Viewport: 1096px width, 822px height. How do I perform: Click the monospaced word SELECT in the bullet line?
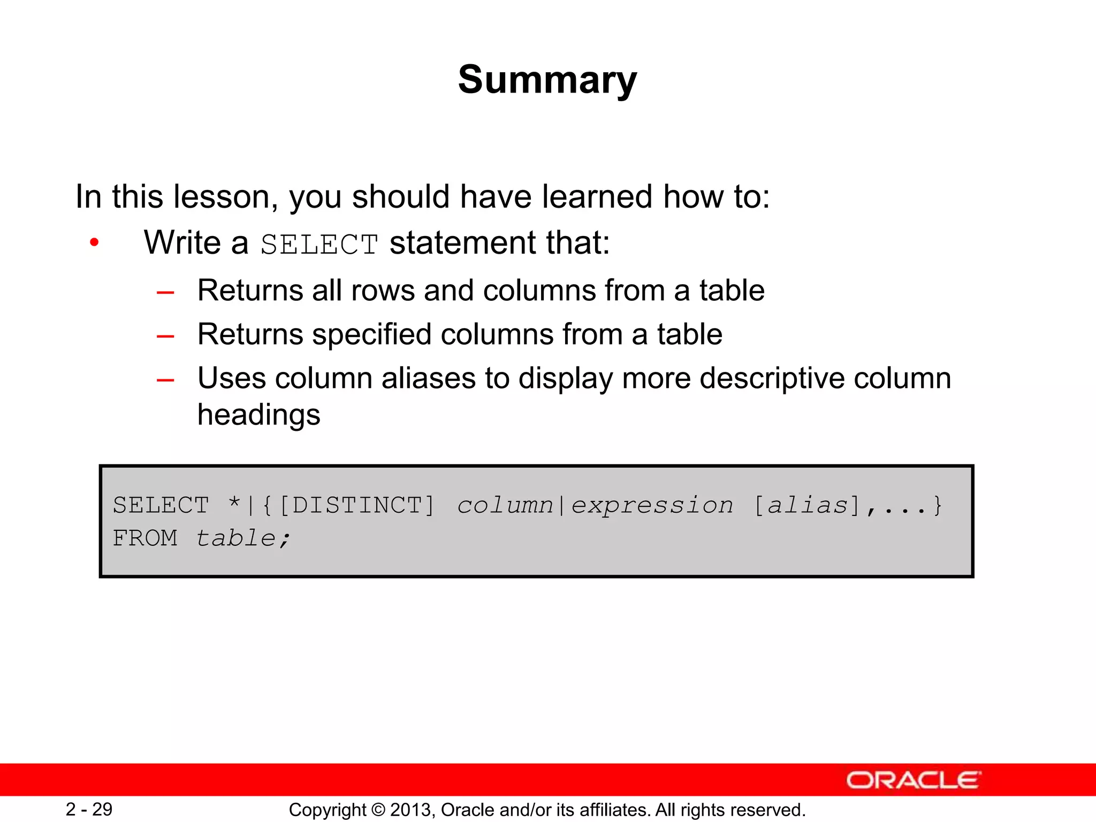(x=319, y=245)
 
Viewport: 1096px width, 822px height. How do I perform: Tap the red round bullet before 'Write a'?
(x=94, y=242)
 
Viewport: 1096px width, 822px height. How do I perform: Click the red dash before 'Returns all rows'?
(x=165, y=293)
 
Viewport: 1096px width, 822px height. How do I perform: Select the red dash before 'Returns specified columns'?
(x=165, y=337)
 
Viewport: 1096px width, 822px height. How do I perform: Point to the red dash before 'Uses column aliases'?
(x=165, y=380)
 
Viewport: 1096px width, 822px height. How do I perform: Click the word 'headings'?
(x=258, y=415)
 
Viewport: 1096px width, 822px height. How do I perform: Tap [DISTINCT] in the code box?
(x=357, y=505)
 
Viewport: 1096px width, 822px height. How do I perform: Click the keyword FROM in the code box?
(x=144, y=538)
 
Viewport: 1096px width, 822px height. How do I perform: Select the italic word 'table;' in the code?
(x=243, y=538)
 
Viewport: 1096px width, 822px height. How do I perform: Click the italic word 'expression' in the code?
(x=652, y=505)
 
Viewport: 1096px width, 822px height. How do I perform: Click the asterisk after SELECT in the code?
(x=234, y=503)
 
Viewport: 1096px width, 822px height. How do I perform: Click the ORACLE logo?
(x=913, y=780)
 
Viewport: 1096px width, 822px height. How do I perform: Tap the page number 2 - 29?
(x=89, y=809)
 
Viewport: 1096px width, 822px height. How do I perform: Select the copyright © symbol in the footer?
(x=378, y=810)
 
